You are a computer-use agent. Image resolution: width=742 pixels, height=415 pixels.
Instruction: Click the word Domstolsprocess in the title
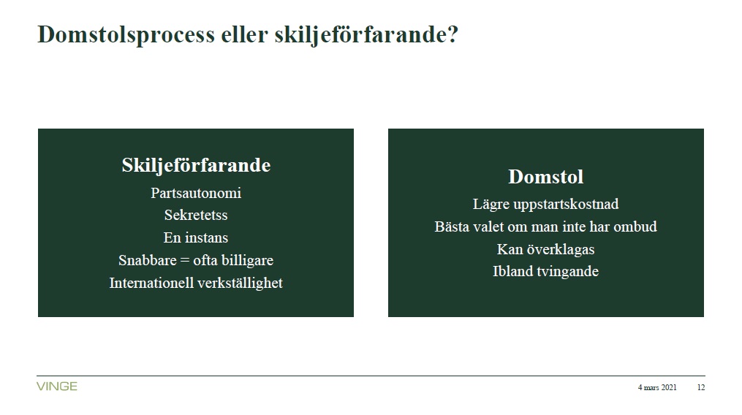click(126, 35)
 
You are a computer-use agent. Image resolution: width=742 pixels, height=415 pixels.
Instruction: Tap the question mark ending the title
click(452, 34)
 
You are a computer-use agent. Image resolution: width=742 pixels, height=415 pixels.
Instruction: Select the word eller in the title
click(244, 34)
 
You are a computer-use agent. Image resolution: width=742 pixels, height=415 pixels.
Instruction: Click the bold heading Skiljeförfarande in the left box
click(196, 166)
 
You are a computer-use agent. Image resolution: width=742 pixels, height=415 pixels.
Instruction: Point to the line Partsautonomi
click(196, 193)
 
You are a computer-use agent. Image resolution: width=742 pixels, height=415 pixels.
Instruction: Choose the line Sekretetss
click(196, 216)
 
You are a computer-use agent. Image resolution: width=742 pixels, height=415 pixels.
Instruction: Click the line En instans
click(196, 237)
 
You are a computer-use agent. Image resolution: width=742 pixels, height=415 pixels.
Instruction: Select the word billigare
click(247, 261)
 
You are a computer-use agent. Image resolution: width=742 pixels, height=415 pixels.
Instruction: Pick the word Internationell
click(151, 283)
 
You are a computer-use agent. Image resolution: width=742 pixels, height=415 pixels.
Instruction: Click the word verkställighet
click(240, 283)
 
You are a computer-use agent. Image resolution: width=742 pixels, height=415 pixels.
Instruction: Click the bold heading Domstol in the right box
click(545, 177)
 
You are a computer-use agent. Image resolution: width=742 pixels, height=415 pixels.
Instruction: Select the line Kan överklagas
click(545, 249)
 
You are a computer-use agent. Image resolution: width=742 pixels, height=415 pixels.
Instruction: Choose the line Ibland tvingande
click(545, 272)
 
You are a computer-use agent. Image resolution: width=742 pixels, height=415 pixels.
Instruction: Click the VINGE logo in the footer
click(57, 387)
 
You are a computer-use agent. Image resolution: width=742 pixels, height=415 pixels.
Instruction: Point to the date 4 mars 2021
click(656, 387)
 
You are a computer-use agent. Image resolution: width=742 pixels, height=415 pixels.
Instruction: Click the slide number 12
click(701, 387)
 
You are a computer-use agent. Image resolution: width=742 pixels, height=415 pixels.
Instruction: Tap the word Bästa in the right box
click(453, 226)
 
